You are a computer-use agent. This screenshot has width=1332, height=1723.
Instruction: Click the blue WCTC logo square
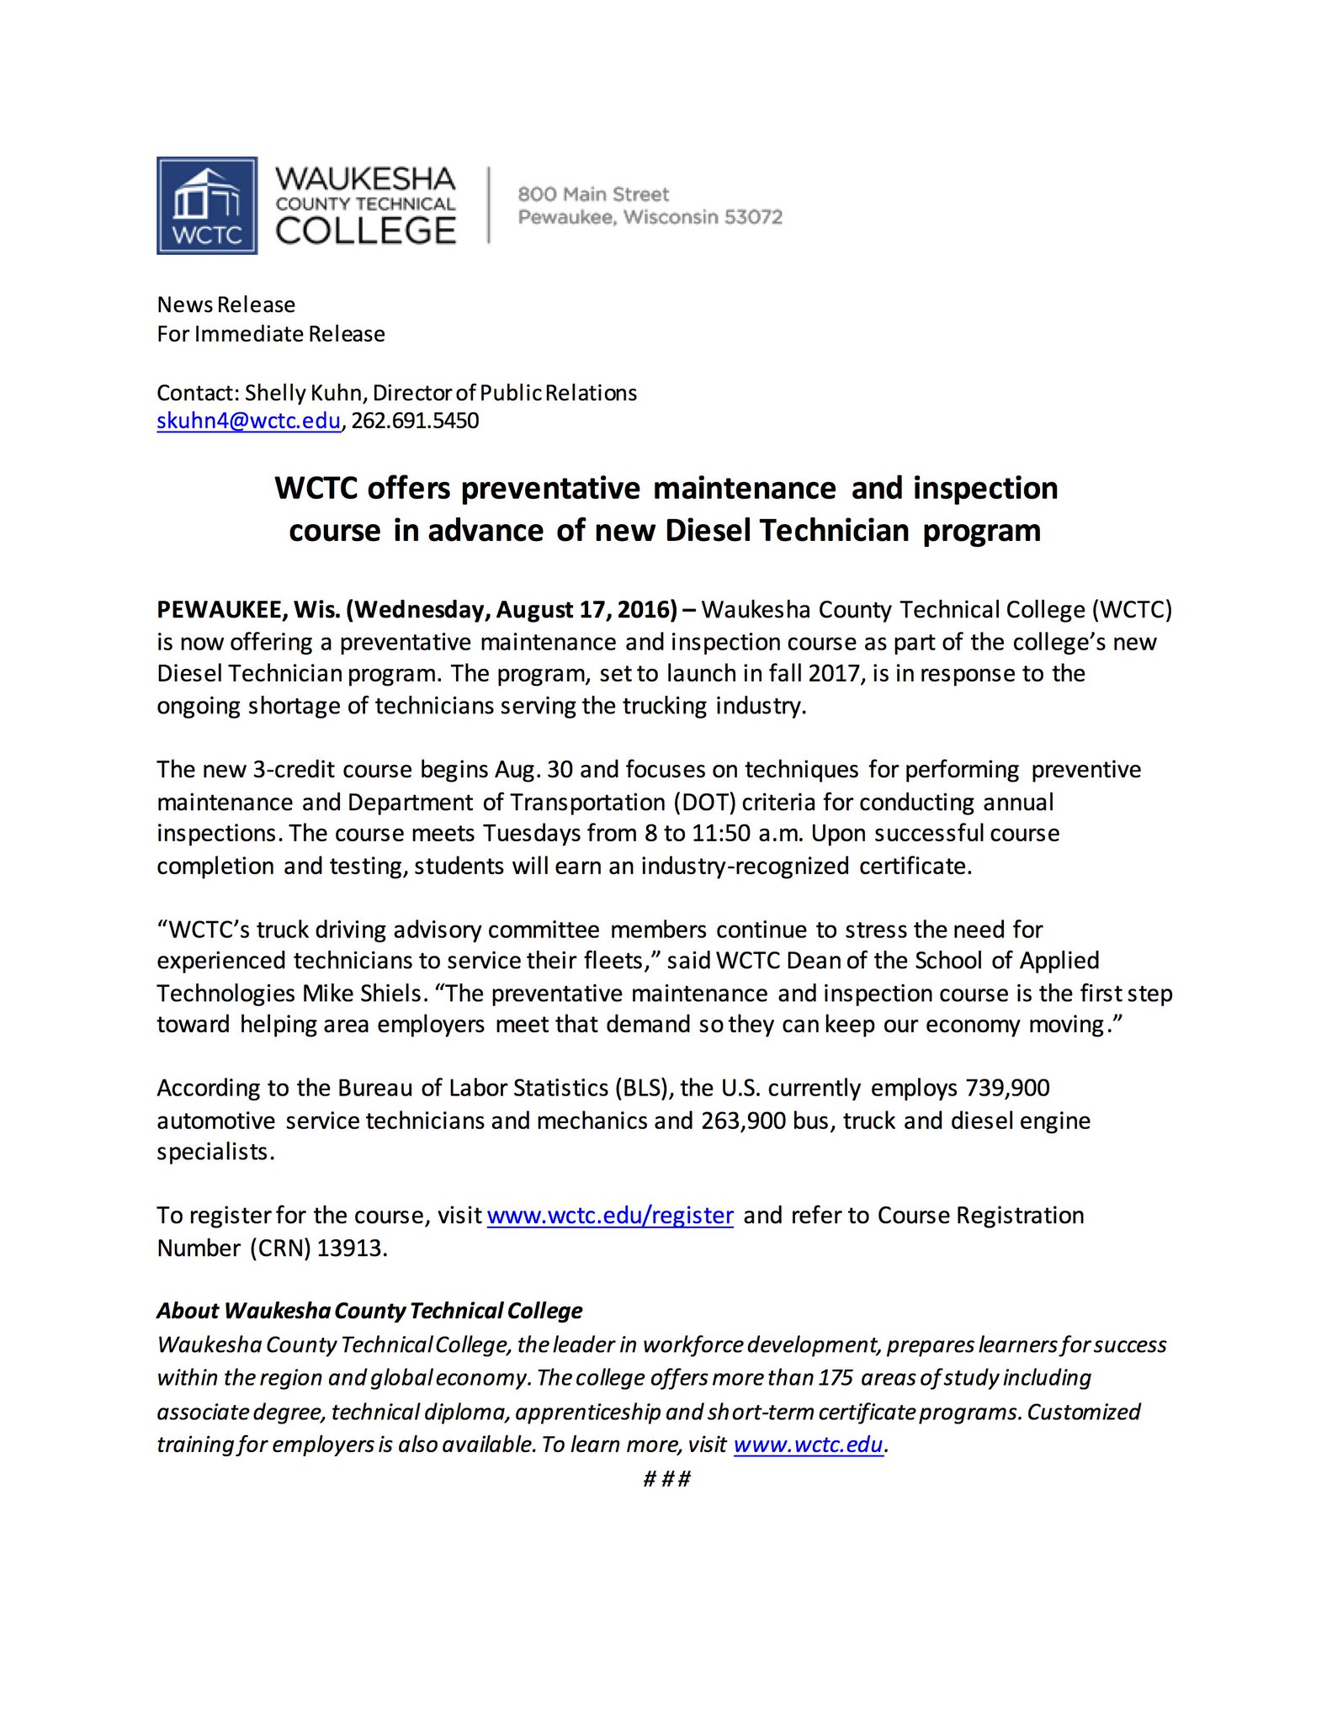[x=207, y=205]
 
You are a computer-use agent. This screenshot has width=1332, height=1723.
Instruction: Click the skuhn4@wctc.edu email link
[x=248, y=421]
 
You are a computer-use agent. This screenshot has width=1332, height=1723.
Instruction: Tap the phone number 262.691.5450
[x=415, y=421]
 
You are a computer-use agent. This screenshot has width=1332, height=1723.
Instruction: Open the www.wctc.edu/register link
[x=610, y=1216]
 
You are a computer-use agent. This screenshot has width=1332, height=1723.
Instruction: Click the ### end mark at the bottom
[x=666, y=1479]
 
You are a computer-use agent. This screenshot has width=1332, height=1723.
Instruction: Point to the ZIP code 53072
[x=753, y=217]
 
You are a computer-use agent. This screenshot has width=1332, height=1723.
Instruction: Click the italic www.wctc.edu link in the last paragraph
[x=808, y=1445]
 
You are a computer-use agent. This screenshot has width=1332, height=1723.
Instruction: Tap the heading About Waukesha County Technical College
[x=369, y=1311]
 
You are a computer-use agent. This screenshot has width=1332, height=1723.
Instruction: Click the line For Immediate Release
[x=271, y=334]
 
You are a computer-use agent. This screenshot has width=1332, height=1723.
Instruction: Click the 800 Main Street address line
[x=593, y=194]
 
